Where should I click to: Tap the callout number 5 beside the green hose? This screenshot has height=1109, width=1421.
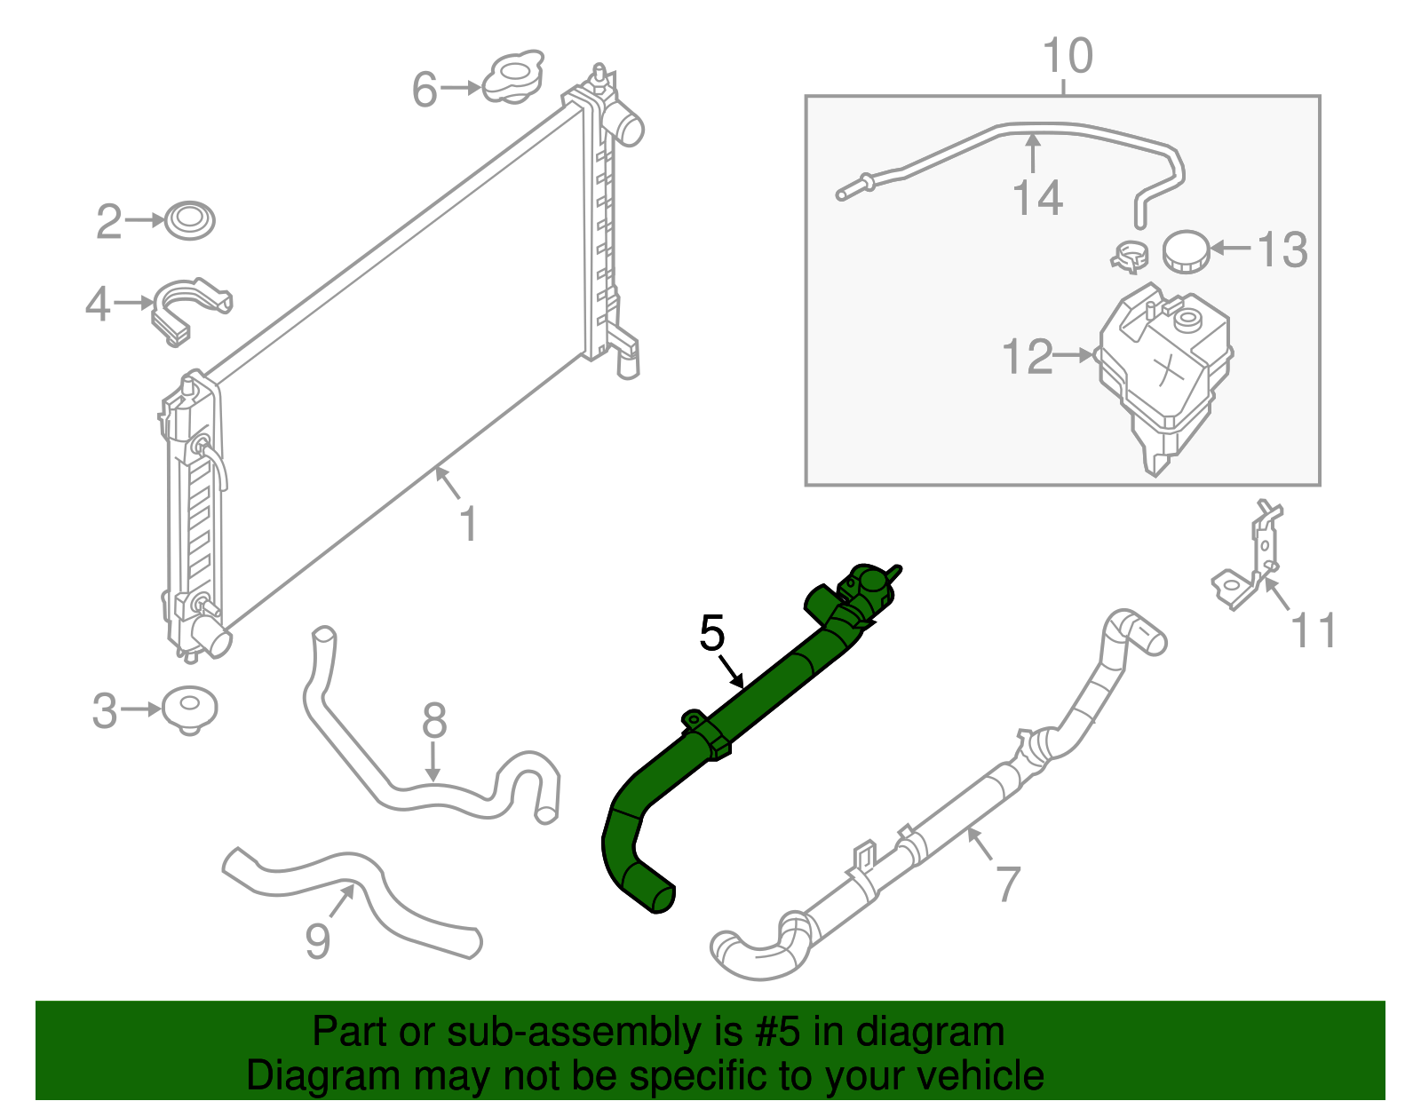click(x=712, y=633)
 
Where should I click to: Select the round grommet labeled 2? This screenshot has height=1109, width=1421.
click(x=190, y=219)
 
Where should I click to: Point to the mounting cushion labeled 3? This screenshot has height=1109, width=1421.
click(x=189, y=708)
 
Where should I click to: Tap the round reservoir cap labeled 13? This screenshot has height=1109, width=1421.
click(x=1186, y=251)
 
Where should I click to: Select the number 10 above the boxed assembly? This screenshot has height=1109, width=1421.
click(x=1068, y=56)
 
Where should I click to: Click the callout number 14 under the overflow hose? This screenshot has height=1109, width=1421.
click(x=1037, y=198)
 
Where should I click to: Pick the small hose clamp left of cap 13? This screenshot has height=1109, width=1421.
click(x=1131, y=256)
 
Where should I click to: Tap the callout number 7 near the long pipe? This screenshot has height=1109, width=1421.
click(x=1008, y=882)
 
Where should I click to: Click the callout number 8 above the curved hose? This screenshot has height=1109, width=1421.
click(x=433, y=721)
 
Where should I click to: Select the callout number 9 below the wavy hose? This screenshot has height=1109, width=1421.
click(x=317, y=941)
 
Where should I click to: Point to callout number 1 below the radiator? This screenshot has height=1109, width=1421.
click(x=468, y=524)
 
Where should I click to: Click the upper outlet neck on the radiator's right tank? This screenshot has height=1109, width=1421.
click(x=626, y=125)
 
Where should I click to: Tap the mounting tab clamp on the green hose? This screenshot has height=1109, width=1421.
click(x=706, y=733)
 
